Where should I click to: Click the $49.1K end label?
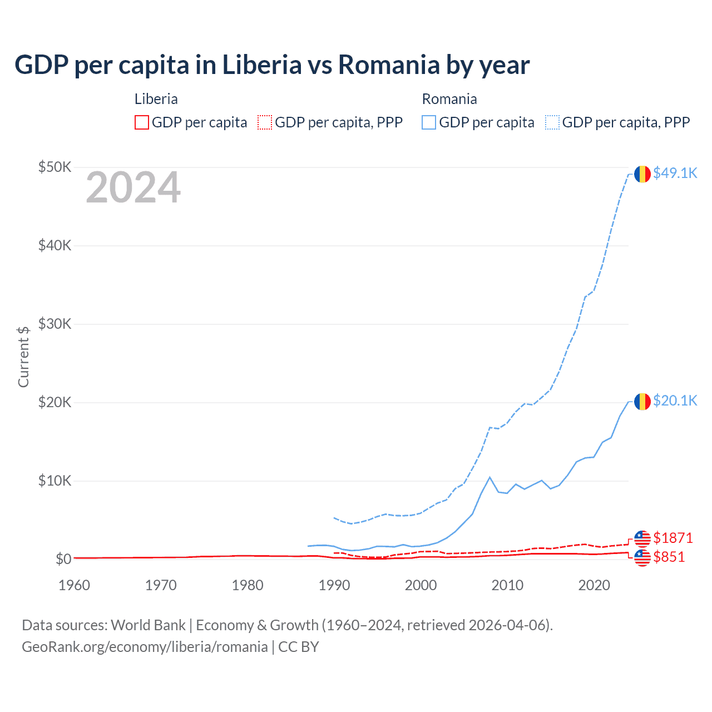(675, 173)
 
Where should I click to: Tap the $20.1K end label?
(675, 400)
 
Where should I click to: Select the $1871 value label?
(673, 538)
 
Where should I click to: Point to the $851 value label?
(669, 557)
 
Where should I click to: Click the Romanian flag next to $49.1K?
(642, 174)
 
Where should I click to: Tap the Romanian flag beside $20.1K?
(642, 401)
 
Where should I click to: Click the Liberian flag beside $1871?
(642, 538)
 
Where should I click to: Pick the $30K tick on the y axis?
(55, 324)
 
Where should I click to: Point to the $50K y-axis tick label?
(55, 167)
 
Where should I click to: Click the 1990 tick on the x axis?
(334, 585)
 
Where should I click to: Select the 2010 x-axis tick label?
(507, 585)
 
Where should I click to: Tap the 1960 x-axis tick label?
(75, 585)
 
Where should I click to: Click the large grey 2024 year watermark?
(133, 187)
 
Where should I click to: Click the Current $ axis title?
(23, 357)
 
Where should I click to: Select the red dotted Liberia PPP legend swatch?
(265, 122)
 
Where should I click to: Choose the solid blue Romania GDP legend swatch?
(429, 122)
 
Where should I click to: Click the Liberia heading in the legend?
(156, 99)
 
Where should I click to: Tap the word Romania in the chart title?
(389, 65)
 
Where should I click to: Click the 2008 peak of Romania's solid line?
(489, 477)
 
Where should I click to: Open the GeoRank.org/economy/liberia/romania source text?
(145, 647)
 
